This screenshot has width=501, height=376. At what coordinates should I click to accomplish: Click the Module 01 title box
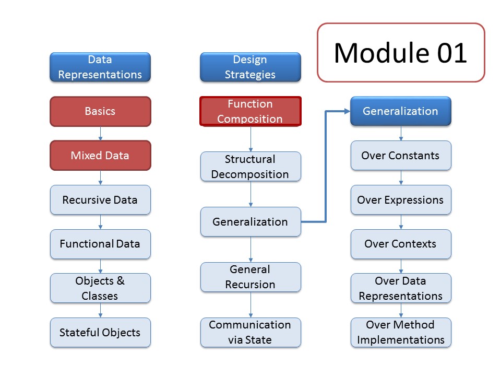[401, 52]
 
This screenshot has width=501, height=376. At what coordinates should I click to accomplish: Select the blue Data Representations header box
[100, 67]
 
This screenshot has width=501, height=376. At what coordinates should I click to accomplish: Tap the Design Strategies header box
[250, 67]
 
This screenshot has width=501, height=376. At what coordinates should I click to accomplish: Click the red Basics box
[100, 111]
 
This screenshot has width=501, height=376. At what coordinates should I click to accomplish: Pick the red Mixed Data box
[100, 156]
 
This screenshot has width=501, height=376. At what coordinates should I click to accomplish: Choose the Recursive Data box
[100, 200]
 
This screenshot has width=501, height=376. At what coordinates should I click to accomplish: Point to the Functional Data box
[100, 244]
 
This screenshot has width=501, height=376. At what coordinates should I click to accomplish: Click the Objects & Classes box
[100, 288]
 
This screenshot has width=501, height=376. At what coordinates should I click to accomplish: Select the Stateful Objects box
[100, 333]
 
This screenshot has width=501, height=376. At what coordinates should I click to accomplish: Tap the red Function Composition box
[250, 111]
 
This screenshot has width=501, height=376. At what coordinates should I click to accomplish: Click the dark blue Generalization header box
[401, 111]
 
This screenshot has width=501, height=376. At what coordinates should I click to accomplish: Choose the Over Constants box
[401, 156]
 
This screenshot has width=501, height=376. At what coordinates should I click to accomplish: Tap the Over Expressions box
[401, 200]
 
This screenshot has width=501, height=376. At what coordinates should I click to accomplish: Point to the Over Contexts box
[401, 244]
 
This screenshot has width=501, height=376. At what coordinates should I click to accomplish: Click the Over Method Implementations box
[401, 333]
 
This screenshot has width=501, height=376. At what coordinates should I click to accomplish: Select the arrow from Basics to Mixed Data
[100, 134]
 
